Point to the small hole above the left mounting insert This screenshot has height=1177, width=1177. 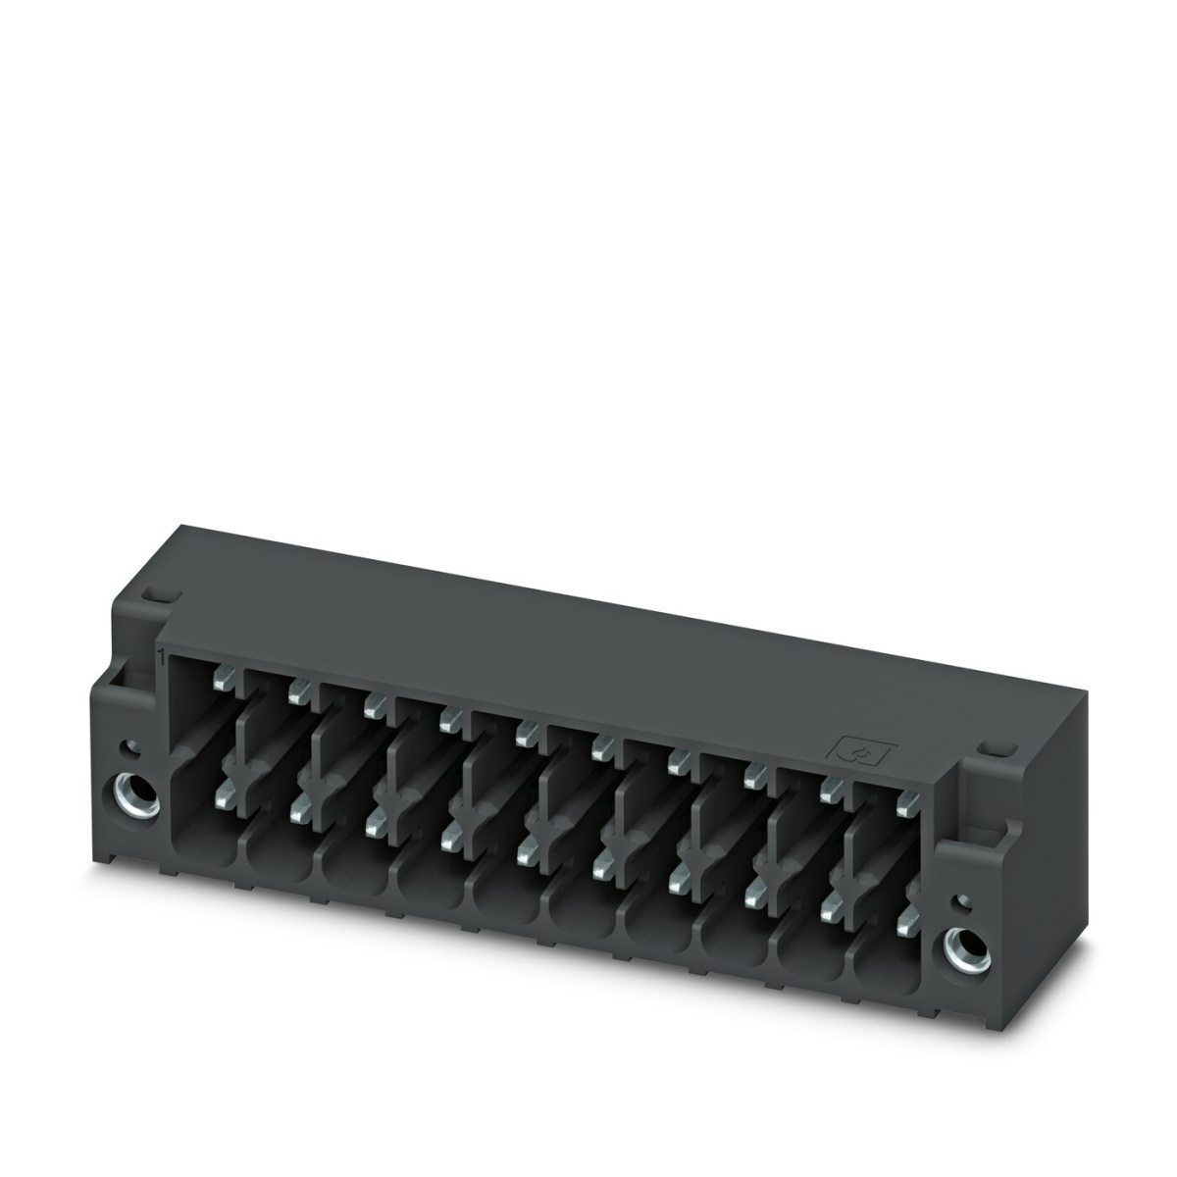point(126,749)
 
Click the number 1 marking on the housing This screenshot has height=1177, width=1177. point(159,656)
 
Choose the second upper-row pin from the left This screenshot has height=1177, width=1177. point(295,692)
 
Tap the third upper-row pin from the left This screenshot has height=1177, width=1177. point(371,705)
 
